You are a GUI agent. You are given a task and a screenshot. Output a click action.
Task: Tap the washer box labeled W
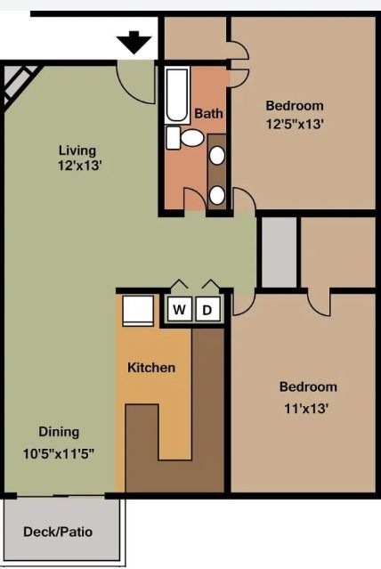pos(179,310)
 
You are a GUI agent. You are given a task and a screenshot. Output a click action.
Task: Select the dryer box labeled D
pos(207,310)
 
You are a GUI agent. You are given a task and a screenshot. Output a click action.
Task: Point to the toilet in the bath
pos(189,139)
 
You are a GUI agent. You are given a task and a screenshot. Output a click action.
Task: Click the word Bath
pos(209,113)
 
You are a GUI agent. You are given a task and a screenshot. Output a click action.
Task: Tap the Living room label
pos(77,150)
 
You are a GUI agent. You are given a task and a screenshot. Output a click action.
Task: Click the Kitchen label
pos(151,367)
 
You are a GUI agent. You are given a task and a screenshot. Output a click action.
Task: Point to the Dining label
pos(59,432)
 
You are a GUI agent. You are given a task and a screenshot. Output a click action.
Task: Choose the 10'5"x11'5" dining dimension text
pos(59,452)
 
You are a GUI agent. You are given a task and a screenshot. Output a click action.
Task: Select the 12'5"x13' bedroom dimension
pos(294,124)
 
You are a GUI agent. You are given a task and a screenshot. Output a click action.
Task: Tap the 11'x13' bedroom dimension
pos(307,409)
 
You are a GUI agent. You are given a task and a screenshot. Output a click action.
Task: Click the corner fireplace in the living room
pos(20,85)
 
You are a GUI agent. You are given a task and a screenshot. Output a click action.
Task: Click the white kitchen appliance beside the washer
pos(140,312)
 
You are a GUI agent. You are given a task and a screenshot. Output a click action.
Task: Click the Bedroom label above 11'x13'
pos(308,386)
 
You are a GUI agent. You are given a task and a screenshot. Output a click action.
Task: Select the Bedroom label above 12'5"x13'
pos(294,105)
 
